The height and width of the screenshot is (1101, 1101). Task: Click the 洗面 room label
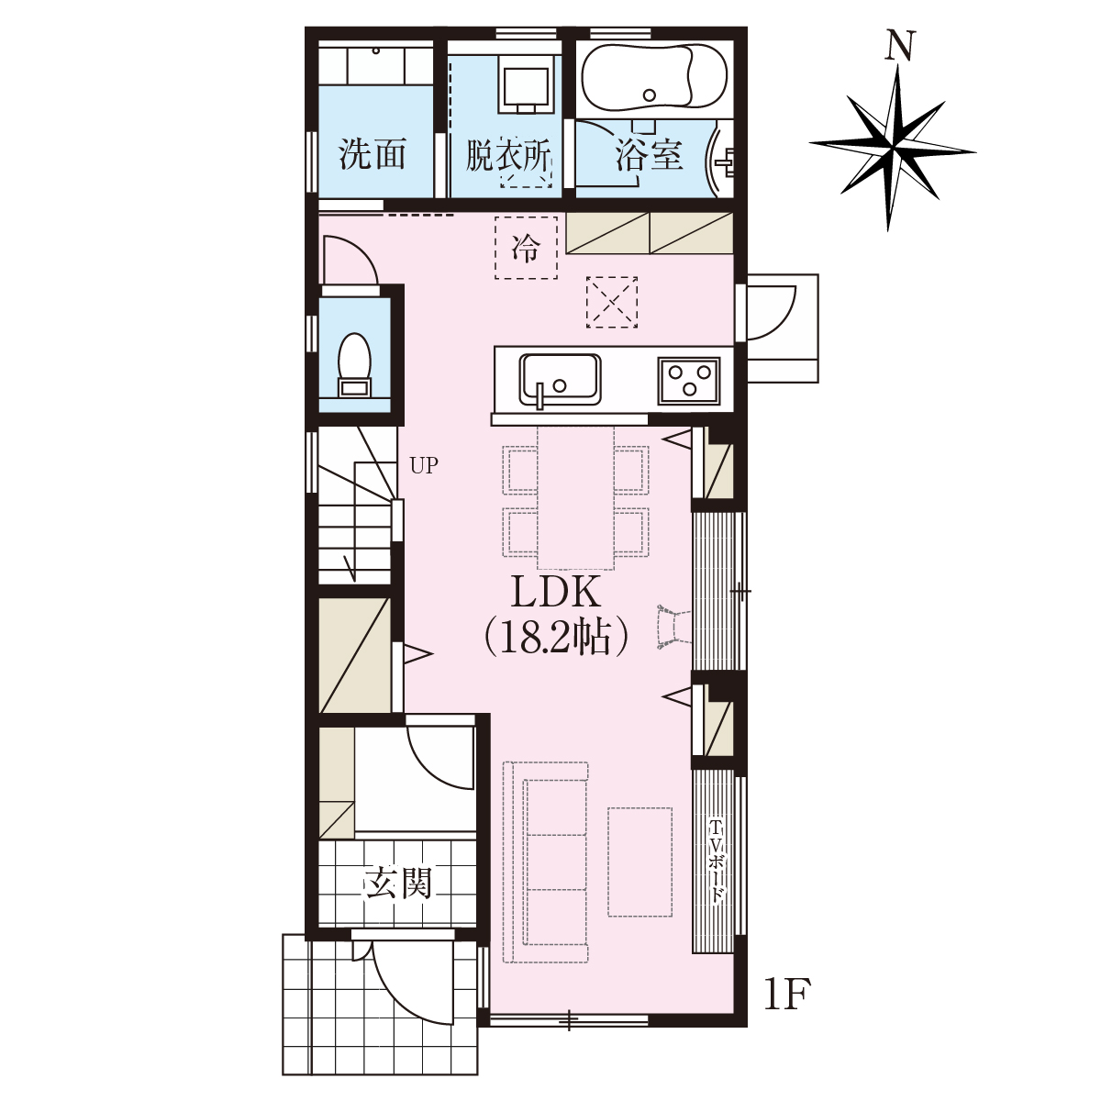[373, 154]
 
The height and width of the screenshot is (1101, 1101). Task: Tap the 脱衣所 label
[508, 154]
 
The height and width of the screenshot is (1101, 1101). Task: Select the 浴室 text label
[649, 154]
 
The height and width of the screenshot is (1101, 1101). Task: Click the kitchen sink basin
[560, 379]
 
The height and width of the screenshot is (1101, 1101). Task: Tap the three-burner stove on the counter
[688, 381]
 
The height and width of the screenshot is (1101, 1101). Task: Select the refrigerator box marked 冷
[526, 248]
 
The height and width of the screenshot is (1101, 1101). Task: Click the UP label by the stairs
[424, 466]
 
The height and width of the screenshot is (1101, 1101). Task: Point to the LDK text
[555, 592]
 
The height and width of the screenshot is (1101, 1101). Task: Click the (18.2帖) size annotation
[556, 637]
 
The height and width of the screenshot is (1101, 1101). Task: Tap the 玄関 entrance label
[397, 883]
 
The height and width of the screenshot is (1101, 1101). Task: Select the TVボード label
[716, 862]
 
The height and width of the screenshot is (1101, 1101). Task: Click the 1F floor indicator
[786, 995]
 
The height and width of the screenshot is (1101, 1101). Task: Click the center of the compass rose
[893, 149]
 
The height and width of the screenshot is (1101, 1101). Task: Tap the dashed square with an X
[612, 302]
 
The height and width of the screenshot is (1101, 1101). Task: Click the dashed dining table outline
[576, 497]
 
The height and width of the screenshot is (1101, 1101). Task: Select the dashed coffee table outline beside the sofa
[639, 862]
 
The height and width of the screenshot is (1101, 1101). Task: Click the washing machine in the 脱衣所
[526, 84]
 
